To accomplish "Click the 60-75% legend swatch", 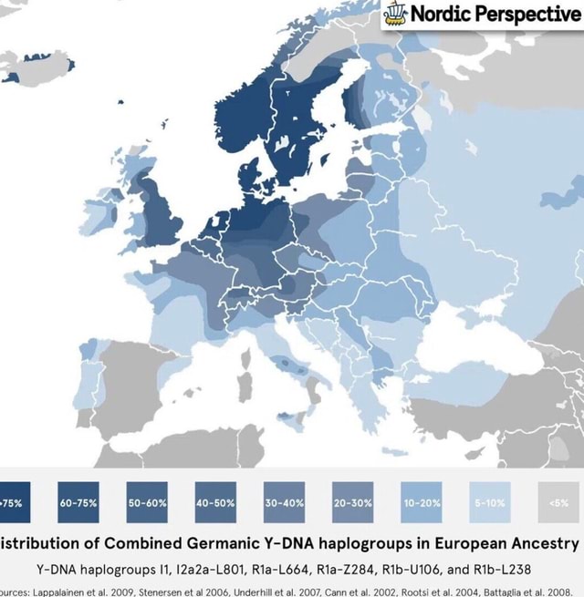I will tap(79, 501).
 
